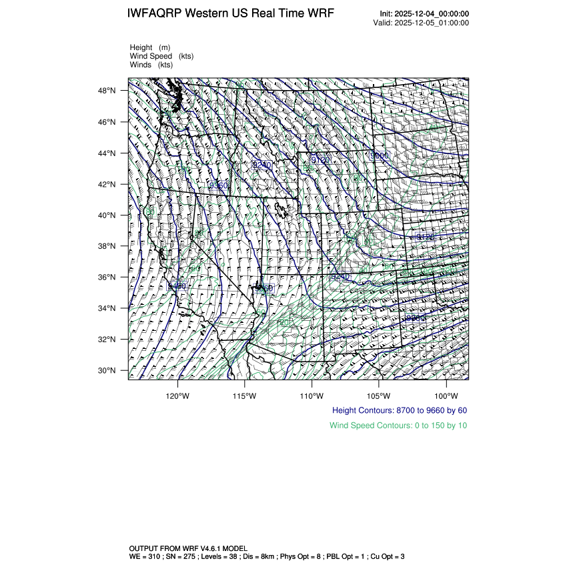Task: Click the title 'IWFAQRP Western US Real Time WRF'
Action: coord(230,14)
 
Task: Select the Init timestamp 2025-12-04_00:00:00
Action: coord(424,14)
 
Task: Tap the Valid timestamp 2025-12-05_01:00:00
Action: coord(422,23)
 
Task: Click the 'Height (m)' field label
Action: coord(150,47)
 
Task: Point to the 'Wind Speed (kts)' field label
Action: coord(161,56)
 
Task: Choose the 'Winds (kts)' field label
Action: coord(151,65)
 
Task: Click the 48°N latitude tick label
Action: coord(109,91)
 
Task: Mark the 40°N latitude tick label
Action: coord(109,215)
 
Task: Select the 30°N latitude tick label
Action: coord(109,371)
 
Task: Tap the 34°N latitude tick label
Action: coord(109,309)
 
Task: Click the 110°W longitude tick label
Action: coord(312,394)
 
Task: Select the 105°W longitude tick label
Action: coord(379,394)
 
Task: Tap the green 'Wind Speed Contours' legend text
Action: coord(398,425)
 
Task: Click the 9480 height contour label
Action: coord(177,286)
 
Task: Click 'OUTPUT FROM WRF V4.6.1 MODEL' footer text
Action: coord(188,548)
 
